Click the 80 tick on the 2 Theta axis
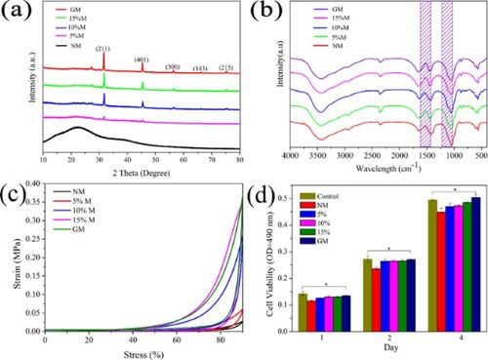point(240,156)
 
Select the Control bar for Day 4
point(432,264)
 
